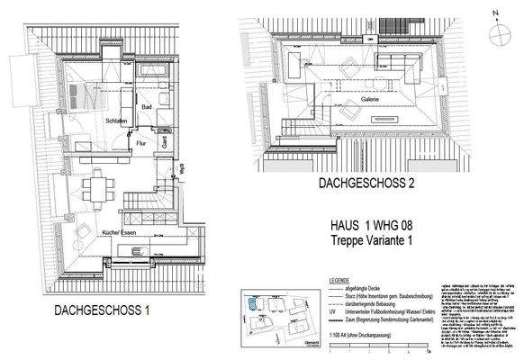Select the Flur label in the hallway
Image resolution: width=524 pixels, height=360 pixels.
tap(142, 142)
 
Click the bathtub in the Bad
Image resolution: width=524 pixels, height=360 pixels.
tap(166, 70)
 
